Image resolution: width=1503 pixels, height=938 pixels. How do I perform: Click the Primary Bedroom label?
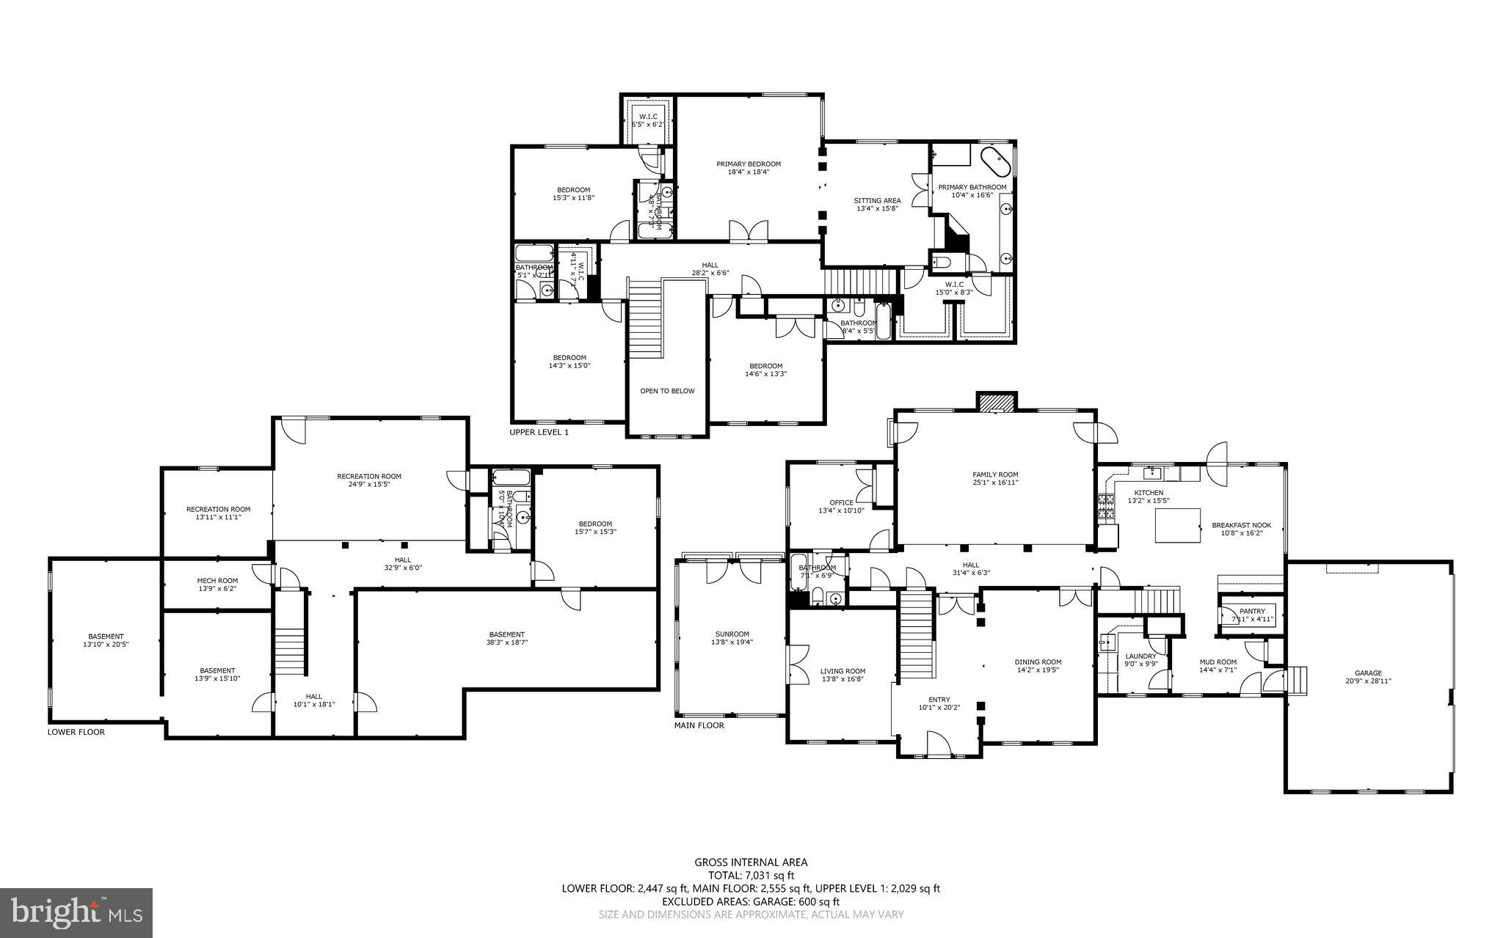tap(749, 164)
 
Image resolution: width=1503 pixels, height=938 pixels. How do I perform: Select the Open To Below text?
tap(666, 391)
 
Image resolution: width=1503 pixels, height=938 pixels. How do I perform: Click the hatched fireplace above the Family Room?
tap(996, 402)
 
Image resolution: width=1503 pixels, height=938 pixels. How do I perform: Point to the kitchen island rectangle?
tap(1177, 525)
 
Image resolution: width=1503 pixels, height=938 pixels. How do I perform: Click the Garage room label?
tap(1368, 673)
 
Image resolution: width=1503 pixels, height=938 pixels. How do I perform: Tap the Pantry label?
tap(1252, 611)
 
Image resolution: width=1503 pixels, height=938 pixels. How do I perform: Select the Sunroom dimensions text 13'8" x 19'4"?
tap(732, 642)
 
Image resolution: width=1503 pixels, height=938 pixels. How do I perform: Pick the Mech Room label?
tap(217, 581)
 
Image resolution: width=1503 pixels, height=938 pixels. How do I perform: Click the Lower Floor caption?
tap(76, 732)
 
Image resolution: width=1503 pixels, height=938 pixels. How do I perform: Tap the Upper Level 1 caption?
tap(539, 433)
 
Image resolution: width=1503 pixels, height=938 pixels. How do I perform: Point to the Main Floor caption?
tap(699, 725)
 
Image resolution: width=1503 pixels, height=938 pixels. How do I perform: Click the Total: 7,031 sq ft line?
tap(751, 875)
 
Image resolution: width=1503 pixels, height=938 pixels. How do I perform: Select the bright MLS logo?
tap(76, 912)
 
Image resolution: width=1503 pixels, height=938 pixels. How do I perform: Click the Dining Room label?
tap(1038, 662)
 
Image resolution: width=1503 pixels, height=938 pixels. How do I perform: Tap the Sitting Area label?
tap(877, 200)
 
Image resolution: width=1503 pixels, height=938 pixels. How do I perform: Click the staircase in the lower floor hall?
tap(289, 651)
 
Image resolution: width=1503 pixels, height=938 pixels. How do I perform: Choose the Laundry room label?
tap(1140, 656)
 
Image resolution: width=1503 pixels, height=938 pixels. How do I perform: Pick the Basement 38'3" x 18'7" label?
tap(506, 634)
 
